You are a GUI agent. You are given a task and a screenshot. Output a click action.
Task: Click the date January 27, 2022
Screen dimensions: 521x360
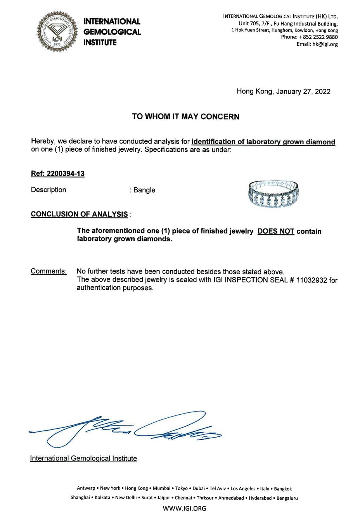click(x=303, y=92)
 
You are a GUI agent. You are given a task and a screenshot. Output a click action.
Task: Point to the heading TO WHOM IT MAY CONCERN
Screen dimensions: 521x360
click(x=185, y=116)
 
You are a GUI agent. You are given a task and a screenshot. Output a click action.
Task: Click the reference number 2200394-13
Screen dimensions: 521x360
click(x=65, y=173)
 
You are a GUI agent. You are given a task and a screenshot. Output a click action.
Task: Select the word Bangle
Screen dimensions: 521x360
click(x=144, y=190)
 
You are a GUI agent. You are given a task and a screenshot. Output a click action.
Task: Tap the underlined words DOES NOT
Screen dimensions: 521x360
click(x=276, y=231)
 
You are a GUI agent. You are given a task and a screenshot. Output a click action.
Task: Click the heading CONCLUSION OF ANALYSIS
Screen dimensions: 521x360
click(x=79, y=214)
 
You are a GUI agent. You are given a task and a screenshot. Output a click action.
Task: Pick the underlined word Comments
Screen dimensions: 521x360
click(x=48, y=271)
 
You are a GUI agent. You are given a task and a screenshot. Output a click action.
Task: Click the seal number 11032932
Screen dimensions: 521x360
click(x=312, y=280)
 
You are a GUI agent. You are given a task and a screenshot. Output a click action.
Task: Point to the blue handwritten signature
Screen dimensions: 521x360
click(x=128, y=429)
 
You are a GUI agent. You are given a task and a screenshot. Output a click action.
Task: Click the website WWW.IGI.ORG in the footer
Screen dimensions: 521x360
click(x=184, y=508)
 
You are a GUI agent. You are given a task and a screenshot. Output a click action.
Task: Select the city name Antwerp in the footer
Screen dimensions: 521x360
click(x=86, y=488)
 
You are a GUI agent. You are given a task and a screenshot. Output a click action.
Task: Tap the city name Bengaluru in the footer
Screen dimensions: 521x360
click(x=287, y=498)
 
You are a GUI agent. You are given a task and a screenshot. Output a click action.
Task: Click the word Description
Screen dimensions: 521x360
click(x=48, y=190)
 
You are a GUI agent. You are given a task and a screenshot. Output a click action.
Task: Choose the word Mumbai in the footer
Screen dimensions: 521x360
click(x=161, y=488)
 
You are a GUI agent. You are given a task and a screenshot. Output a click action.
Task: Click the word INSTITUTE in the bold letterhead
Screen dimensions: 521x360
click(x=100, y=43)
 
